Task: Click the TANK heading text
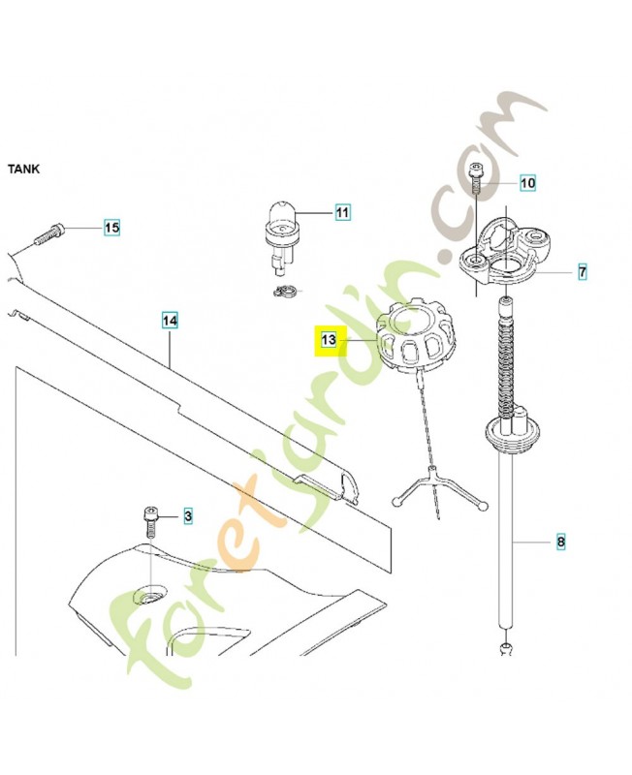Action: [23, 169]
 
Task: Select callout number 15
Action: [111, 228]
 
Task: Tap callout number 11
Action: [342, 212]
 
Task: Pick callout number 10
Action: [527, 183]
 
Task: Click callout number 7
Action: [583, 271]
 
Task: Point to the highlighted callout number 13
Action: [329, 340]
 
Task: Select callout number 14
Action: [170, 321]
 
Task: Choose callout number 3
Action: [188, 516]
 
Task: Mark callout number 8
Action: [560, 542]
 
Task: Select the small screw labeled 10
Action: [476, 179]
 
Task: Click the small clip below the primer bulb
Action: [284, 292]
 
